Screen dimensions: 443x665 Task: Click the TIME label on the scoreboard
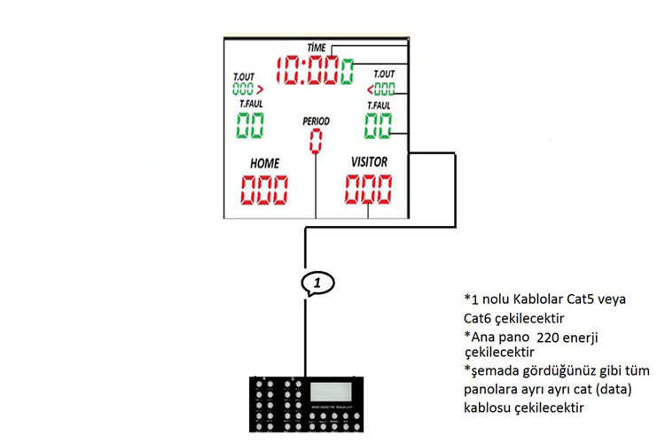317,46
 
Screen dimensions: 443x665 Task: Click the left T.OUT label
244,76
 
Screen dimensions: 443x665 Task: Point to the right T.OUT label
384,74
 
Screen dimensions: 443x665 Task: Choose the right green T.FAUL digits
379,125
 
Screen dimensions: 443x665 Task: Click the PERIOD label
316,120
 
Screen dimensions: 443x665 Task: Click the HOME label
264,164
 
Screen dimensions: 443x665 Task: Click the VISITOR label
369,163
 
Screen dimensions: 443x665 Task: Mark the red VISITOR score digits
368,189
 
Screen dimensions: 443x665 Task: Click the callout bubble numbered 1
319,283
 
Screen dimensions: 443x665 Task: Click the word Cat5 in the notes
586,299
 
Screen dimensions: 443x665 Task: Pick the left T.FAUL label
251,103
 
